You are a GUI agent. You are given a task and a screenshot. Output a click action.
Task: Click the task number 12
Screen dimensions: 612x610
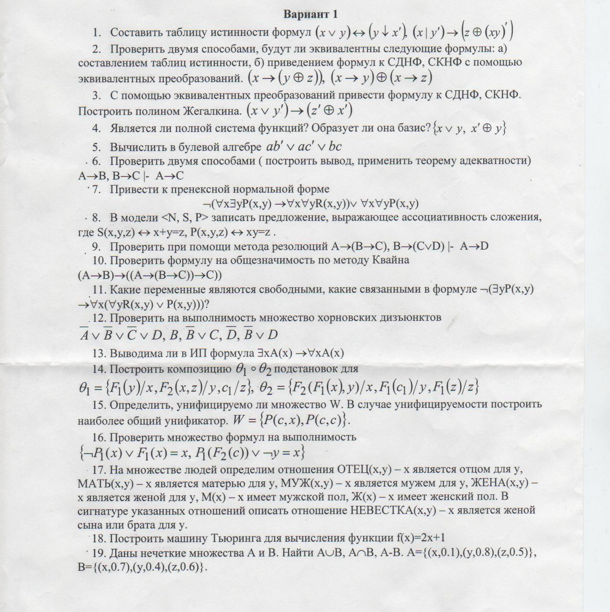click(100, 318)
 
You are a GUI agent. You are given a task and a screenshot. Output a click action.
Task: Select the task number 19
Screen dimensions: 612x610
click(99, 553)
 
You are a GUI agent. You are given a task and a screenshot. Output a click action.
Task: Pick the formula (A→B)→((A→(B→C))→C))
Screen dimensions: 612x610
click(150, 275)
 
